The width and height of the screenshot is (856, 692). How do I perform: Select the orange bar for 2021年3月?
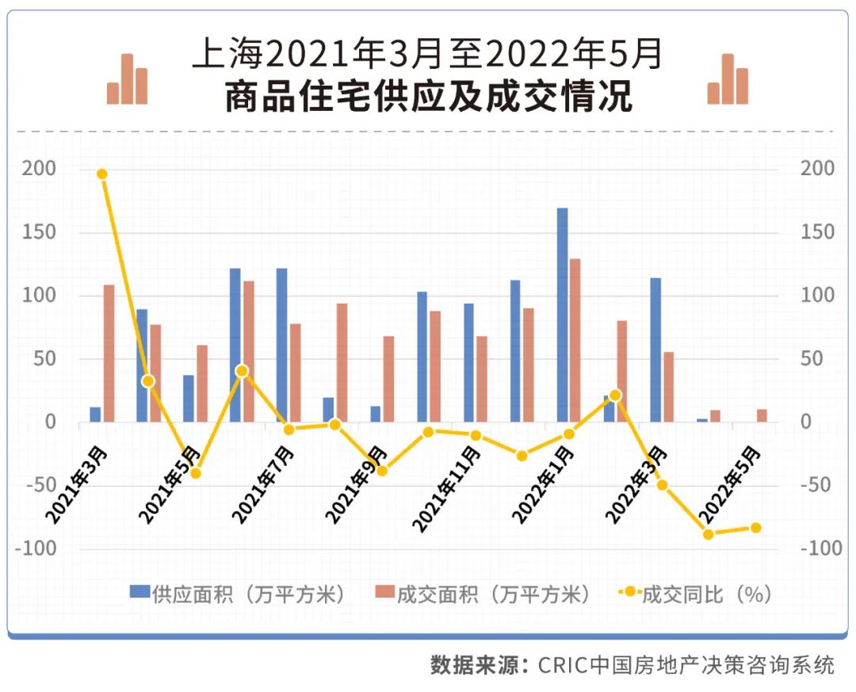click(x=109, y=353)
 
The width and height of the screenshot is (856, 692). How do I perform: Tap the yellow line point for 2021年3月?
click(x=101, y=174)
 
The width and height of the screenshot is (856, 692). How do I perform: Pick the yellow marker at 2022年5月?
click(x=755, y=528)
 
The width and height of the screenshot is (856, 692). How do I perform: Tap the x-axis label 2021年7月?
click(x=263, y=484)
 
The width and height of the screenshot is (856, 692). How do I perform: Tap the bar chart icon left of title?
click(x=128, y=79)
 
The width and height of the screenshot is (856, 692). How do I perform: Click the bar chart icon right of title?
click(x=728, y=79)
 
